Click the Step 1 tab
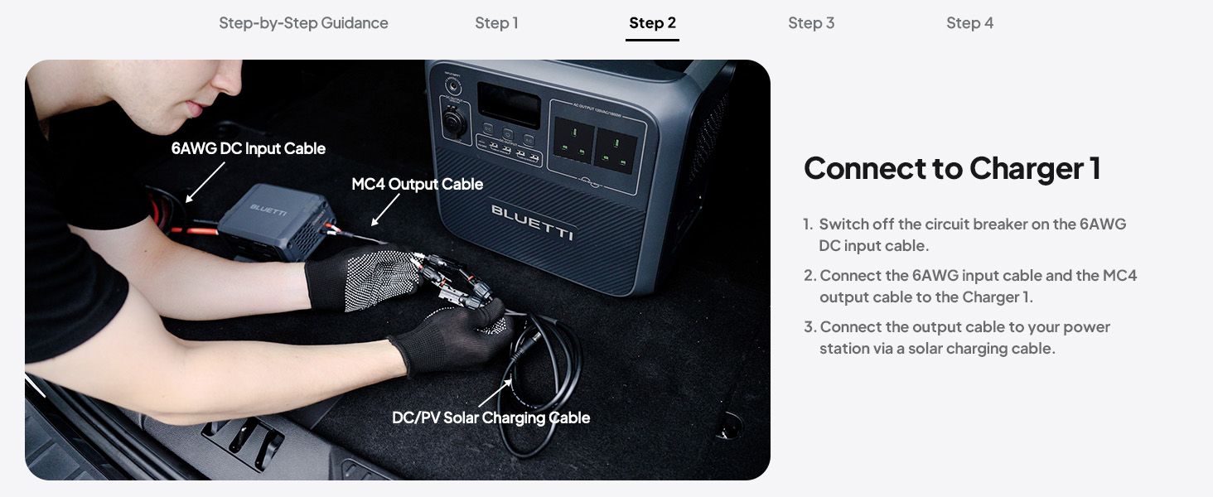(496, 23)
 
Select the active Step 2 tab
(652, 23)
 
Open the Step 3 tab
(811, 23)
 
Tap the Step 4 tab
(969, 23)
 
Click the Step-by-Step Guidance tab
(303, 23)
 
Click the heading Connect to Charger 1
(952, 168)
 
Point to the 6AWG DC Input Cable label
(249, 149)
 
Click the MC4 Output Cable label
(417, 184)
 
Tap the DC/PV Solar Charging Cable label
(491, 417)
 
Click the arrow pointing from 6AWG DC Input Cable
(205, 181)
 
